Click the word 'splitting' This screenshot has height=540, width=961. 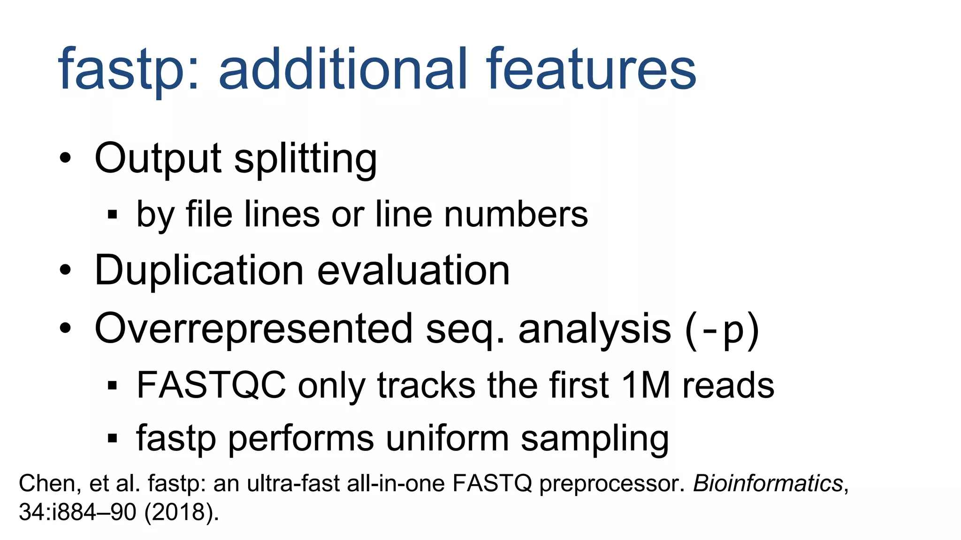click(305, 159)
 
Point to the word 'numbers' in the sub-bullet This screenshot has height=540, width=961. click(516, 215)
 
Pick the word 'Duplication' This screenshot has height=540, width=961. click(199, 270)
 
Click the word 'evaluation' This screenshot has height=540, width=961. click(413, 270)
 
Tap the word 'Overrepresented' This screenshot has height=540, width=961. click(253, 329)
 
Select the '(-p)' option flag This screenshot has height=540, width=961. click(722, 330)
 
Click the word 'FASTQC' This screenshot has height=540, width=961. click(211, 385)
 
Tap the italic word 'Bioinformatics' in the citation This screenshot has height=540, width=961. click(768, 483)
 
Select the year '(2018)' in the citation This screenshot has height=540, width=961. click(181, 512)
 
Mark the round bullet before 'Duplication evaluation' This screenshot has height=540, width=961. click(66, 270)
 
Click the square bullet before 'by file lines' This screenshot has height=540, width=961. click(112, 215)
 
